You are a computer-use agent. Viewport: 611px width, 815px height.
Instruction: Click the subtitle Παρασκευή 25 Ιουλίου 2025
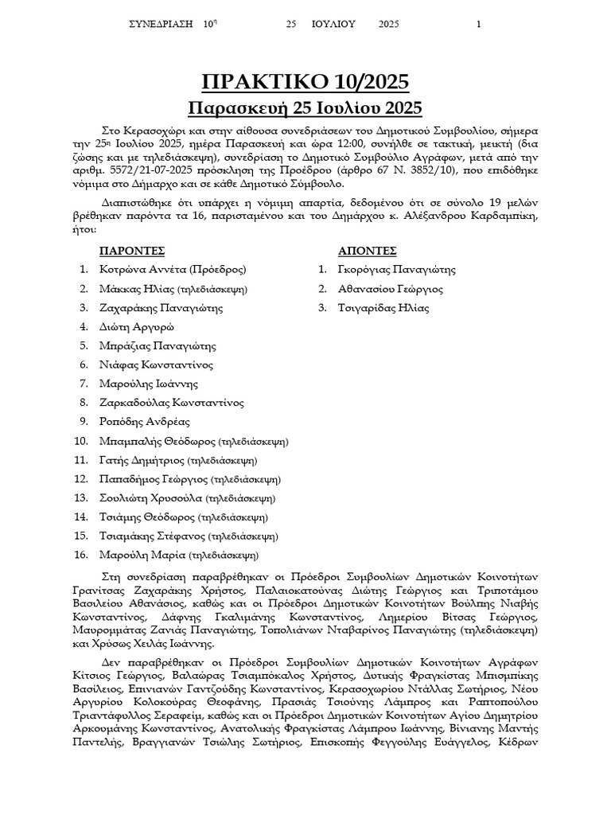pos(305,107)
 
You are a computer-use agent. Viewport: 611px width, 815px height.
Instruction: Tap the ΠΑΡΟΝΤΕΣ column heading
pos(131,251)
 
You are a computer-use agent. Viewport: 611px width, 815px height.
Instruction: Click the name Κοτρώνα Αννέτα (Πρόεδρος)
pos(173,270)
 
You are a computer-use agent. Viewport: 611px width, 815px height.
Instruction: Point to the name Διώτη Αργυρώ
pos(137,327)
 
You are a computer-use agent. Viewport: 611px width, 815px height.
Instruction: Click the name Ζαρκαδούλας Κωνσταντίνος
pos(171,403)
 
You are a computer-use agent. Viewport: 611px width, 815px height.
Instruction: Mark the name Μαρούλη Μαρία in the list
pos(140,556)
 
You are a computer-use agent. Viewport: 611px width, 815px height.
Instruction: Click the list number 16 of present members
pos(80,556)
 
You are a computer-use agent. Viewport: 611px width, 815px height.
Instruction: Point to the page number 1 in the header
pos(479,24)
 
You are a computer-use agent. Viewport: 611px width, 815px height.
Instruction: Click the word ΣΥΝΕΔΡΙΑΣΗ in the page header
pos(162,24)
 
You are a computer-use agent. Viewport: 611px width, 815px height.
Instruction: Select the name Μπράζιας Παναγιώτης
pos(158,346)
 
